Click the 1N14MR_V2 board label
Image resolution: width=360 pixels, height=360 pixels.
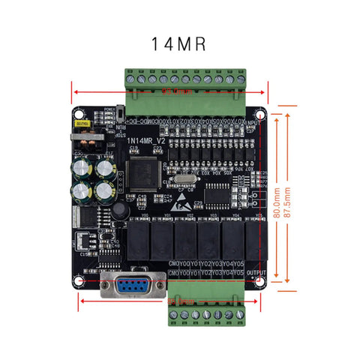[x=145, y=139]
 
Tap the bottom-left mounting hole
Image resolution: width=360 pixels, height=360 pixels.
[x=79, y=282]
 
